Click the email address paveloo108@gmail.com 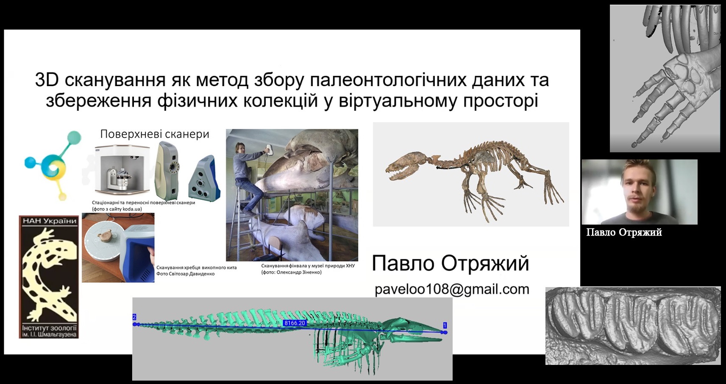[452, 289]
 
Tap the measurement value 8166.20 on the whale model [294, 323]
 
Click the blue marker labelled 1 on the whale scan [445, 325]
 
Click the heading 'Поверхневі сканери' [155, 134]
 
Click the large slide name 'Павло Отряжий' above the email [450, 263]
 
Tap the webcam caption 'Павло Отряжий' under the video [624, 233]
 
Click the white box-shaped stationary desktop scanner [122, 171]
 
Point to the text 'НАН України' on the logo [49, 221]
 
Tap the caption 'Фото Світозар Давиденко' [185, 274]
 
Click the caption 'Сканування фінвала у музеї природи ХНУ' [308, 266]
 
